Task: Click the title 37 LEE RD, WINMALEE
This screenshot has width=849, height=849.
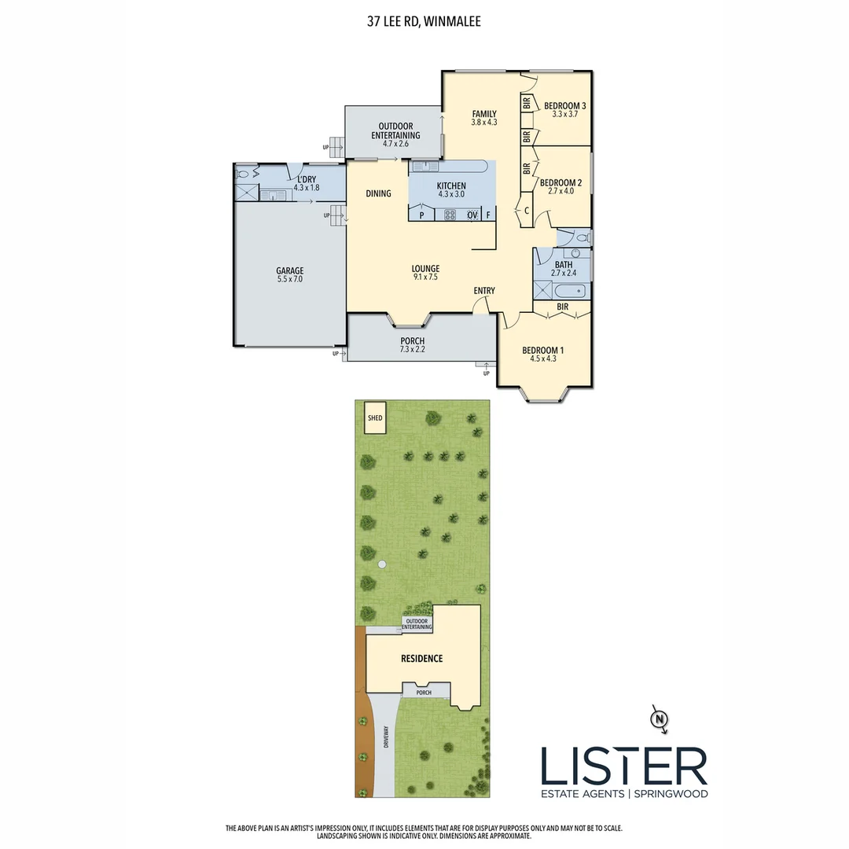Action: (424, 22)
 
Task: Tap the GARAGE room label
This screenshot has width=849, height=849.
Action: (289, 270)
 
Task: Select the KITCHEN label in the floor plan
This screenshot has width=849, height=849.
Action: (451, 186)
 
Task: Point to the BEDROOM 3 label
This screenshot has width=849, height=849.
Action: (565, 105)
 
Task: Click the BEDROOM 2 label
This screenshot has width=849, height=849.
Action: (560, 182)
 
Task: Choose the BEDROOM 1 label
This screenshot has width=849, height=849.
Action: (543, 350)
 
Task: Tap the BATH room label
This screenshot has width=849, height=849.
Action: (564, 265)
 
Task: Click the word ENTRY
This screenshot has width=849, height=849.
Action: (484, 291)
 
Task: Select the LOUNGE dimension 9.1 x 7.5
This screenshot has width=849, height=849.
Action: (425, 277)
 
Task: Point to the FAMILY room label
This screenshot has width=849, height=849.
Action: (484, 113)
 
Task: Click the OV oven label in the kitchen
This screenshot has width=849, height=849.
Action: (472, 215)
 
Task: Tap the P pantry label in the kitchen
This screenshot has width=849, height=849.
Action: (422, 215)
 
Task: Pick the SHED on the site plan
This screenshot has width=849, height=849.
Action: (375, 417)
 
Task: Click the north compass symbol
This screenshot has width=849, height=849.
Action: (660, 718)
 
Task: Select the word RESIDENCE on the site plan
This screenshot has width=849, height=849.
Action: (422, 658)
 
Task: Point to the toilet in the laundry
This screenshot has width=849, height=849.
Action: (244, 175)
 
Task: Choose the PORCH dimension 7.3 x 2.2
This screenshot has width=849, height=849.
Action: (413, 350)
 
